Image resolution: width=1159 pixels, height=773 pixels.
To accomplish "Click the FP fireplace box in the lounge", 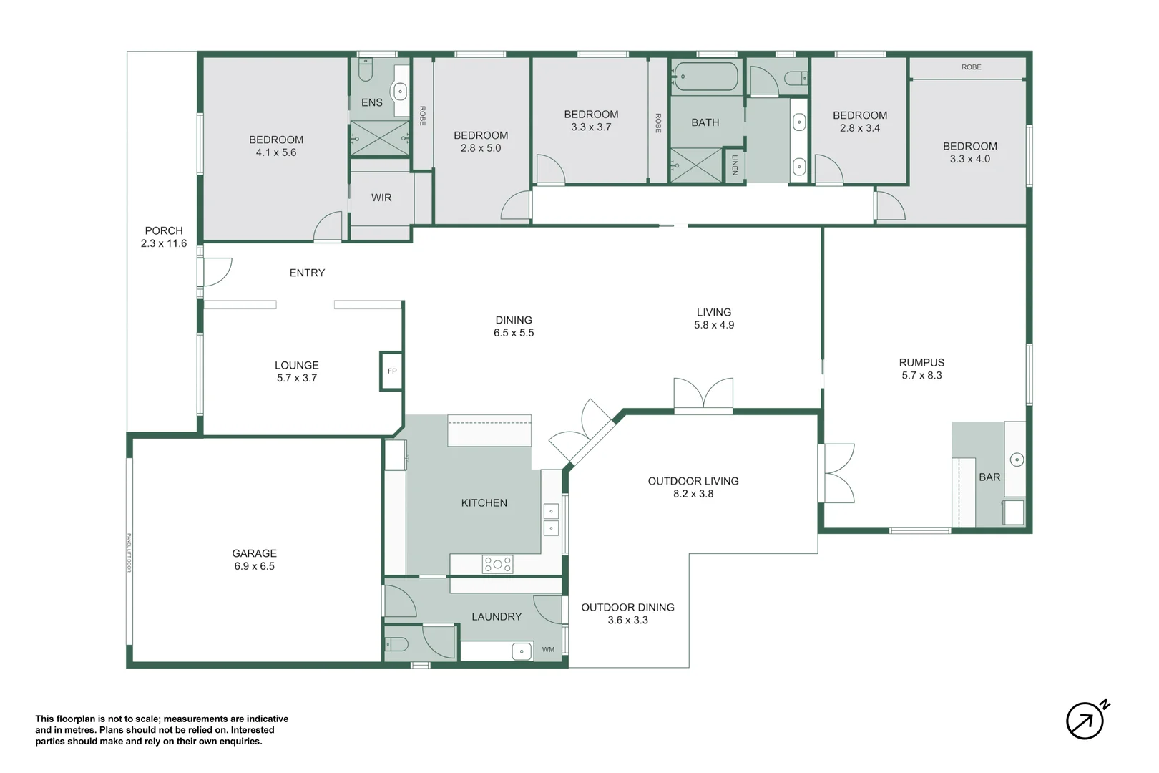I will [x=391, y=371].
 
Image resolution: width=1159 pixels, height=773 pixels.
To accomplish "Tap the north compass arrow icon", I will [x=1085, y=720].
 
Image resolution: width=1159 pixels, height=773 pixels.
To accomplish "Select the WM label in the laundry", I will [x=548, y=650].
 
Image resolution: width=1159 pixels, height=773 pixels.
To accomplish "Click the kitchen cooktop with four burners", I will [x=497, y=564].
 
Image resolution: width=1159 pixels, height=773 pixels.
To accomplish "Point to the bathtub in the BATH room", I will [x=705, y=77].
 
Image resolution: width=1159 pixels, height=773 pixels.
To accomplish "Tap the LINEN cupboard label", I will [x=734, y=165].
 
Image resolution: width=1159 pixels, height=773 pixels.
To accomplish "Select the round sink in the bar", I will [x=1017, y=460].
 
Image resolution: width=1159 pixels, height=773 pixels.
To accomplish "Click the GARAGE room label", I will [x=254, y=553].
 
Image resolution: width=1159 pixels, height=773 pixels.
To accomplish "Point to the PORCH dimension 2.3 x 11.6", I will [x=164, y=243].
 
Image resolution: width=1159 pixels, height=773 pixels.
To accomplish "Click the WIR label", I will [x=381, y=198].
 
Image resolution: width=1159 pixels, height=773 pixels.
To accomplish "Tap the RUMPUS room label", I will [x=921, y=363].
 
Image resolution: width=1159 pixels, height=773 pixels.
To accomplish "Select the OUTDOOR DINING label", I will [x=627, y=608].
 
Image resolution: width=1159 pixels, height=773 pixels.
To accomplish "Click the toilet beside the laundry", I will [x=398, y=644].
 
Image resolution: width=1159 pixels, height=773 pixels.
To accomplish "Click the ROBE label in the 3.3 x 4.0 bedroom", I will [x=971, y=67].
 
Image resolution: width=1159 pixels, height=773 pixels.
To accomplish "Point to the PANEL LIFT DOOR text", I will [x=129, y=553].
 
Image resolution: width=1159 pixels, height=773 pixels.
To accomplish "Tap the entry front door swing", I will [x=216, y=272].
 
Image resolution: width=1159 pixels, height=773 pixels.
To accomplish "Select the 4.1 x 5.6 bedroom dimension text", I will [x=276, y=152].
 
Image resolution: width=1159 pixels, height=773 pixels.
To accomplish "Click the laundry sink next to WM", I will [x=522, y=651].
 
